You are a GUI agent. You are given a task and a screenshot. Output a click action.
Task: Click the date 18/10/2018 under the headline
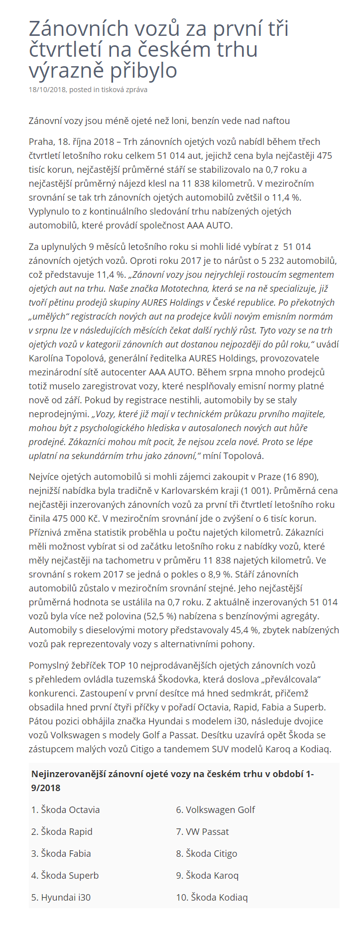(x=47, y=90)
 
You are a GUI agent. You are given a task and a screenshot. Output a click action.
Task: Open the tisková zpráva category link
(x=124, y=90)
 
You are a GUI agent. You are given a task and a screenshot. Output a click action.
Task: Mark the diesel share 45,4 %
(x=245, y=630)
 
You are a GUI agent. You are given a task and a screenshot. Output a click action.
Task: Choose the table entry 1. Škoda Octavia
(x=65, y=810)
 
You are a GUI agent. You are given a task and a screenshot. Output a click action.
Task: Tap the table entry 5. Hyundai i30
(x=61, y=898)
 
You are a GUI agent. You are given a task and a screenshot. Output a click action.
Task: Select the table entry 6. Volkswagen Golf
(x=215, y=810)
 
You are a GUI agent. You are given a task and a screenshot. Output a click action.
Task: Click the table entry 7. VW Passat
(x=202, y=832)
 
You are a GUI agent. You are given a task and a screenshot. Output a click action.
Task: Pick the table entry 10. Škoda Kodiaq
(x=212, y=898)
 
